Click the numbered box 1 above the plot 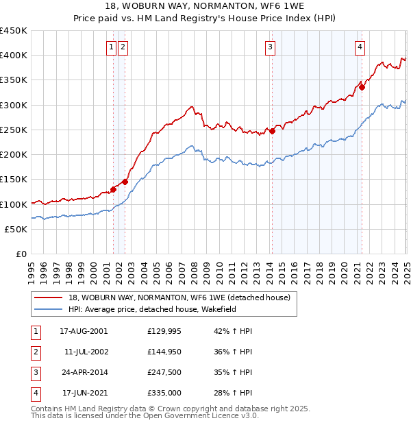point(111,47)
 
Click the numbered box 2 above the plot point(122,47)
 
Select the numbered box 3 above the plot point(271,47)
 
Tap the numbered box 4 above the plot point(360,47)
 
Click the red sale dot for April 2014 point(272,131)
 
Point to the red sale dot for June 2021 point(362,87)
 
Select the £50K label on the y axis point(16,230)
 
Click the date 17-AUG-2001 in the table point(84,331)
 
